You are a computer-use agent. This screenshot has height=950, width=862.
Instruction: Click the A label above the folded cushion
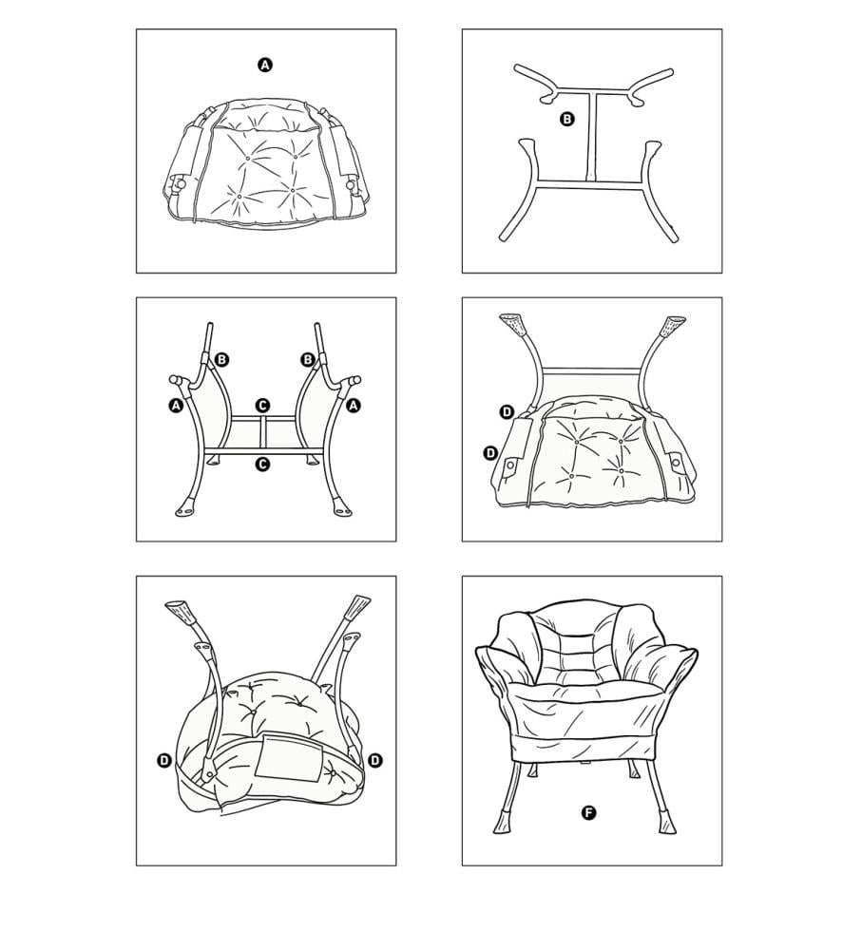tap(265, 65)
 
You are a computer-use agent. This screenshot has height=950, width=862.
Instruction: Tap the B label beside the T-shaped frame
tap(566, 119)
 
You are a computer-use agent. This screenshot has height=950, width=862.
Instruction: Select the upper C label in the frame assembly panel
tap(262, 405)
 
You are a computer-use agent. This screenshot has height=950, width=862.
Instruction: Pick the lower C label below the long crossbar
tap(262, 464)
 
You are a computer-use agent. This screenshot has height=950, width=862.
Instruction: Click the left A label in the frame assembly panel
tap(176, 406)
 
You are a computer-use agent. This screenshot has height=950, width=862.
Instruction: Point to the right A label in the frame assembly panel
tap(354, 406)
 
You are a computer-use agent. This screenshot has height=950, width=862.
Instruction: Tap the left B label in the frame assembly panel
tap(221, 360)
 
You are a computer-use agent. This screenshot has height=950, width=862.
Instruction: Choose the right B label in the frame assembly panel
tap(308, 360)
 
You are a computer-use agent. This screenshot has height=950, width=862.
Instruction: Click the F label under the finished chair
tap(588, 812)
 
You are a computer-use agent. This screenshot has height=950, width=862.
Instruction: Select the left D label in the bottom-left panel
tap(164, 760)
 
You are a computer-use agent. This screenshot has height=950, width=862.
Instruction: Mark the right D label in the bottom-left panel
tap(375, 760)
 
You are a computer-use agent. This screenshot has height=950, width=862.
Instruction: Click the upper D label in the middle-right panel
tap(507, 412)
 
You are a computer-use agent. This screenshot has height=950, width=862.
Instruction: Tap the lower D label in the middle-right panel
tap(490, 452)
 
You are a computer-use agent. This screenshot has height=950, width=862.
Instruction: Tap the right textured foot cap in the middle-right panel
tap(673, 326)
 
